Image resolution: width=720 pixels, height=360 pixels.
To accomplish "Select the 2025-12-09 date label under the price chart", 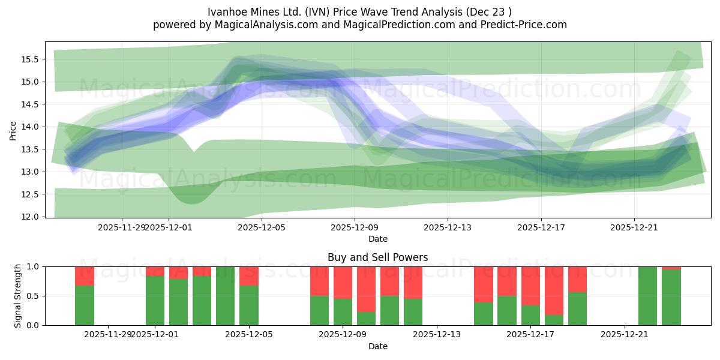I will [355, 227].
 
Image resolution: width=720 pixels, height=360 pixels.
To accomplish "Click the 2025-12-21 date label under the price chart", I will [634, 227].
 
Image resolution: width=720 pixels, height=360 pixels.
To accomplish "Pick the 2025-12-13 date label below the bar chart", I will [436, 335].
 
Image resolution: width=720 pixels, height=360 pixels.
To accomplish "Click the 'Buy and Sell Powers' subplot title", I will [377, 257].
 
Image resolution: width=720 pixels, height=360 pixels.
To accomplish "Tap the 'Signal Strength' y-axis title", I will [18, 295].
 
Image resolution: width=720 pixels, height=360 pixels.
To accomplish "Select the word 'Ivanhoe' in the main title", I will [227, 12].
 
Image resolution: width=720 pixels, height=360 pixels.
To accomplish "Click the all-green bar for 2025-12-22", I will [648, 296].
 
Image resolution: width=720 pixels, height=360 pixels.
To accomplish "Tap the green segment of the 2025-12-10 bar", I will [367, 319].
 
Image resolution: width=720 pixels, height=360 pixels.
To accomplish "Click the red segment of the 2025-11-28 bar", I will [85, 276].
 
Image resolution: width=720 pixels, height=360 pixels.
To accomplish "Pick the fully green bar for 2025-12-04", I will [226, 296].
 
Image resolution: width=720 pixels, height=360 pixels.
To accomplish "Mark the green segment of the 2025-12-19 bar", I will [578, 309].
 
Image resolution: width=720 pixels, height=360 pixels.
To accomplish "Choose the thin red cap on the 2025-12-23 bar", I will [671, 268].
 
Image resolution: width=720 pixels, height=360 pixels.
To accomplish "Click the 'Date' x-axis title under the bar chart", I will [377, 346].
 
